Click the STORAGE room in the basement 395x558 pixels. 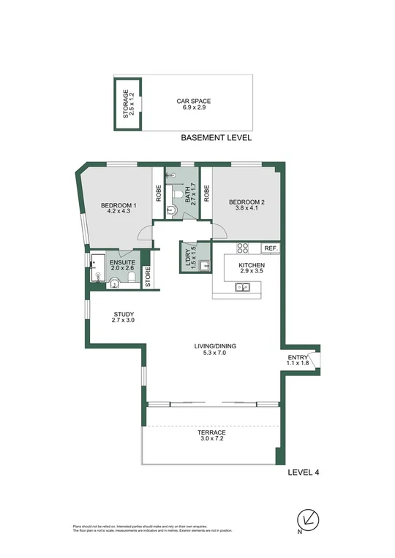(128, 103)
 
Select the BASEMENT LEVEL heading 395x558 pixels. (216, 137)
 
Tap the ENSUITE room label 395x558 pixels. (121, 263)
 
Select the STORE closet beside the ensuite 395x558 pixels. (148, 278)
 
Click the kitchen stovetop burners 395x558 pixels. (243, 248)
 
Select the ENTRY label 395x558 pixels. (298, 359)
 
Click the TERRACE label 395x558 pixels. (211, 436)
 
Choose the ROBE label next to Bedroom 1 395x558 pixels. (158, 193)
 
